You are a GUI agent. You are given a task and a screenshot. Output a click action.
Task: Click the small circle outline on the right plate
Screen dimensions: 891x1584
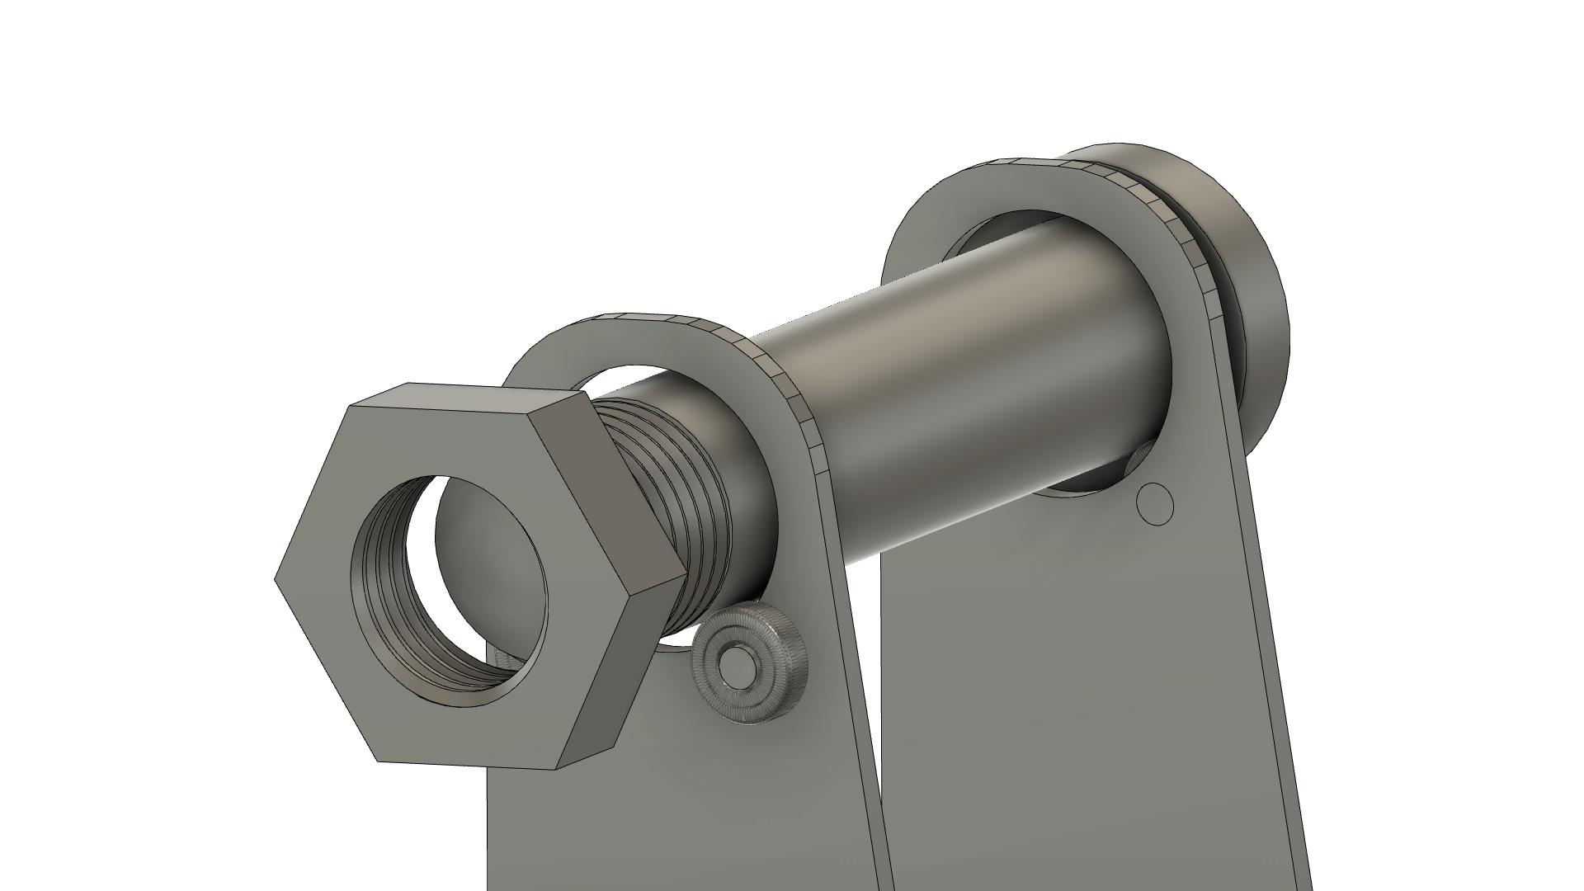1155,505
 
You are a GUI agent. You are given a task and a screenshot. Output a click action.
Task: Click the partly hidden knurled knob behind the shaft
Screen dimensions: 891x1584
1140,458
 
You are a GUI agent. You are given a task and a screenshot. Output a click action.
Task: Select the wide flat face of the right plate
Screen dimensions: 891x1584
1072,701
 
